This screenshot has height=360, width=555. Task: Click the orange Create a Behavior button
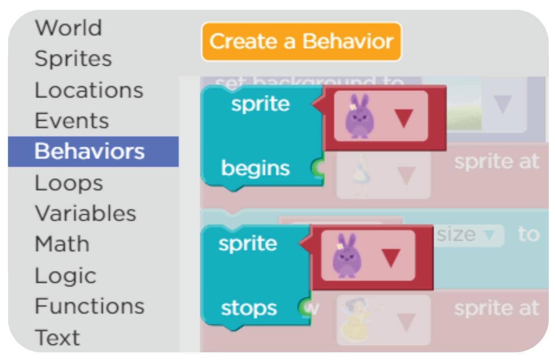[x=301, y=42]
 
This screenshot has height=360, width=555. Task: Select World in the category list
[x=69, y=28]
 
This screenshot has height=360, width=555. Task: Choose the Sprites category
[x=73, y=59]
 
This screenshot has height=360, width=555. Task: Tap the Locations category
[x=89, y=90]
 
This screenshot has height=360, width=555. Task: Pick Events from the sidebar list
[x=72, y=121]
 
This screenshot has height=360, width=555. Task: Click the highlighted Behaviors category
[x=89, y=152]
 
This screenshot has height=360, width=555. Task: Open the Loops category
[x=69, y=183]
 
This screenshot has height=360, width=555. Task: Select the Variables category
[x=85, y=213]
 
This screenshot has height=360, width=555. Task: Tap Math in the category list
[x=62, y=244]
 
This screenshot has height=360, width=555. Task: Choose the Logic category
[x=66, y=275]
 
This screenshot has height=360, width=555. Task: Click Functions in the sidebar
[x=89, y=306]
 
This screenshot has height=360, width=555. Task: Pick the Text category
[x=57, y=337]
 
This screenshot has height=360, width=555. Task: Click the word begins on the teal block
[x=255, y=168]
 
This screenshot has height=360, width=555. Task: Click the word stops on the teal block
[x=249, y=308]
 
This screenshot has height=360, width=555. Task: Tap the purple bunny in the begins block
[x=357, y=116]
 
